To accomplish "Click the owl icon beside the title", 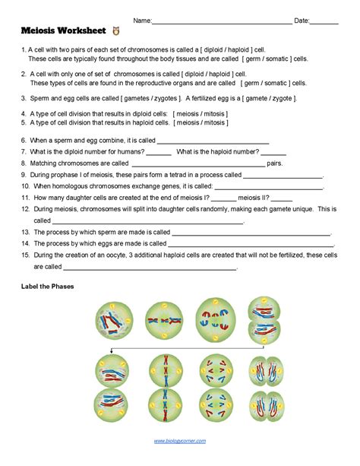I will [115, 32].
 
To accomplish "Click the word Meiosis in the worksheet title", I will [41, 33].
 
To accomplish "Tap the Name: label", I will [141, 21].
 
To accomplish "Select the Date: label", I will [302, 21].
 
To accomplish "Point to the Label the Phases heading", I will [54, 287].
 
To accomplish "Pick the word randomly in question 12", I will [213, 208].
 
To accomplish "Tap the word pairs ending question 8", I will [275, 163].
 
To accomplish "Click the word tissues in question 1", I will [171, 59].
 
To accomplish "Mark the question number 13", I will [25, 231].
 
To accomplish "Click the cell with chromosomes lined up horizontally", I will [162, 320].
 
